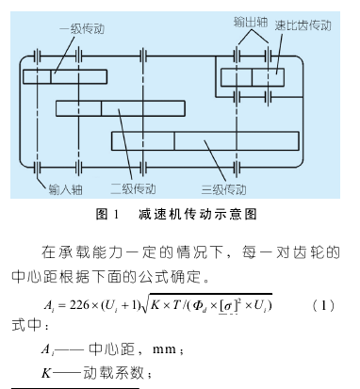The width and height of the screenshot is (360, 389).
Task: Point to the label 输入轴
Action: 64,188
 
